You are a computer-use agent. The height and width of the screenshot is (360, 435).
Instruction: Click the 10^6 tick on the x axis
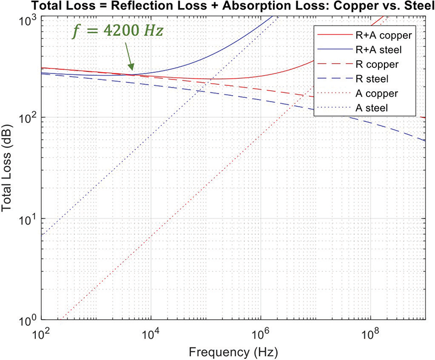pos(261,331)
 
